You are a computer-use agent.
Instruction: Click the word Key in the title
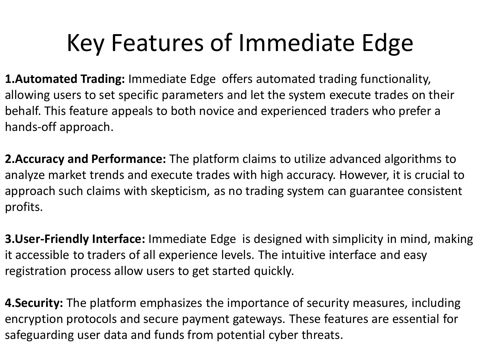click(85, 43)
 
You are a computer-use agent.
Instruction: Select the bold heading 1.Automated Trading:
click(65, 79)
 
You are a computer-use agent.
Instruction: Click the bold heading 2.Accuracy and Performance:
click(85, 159)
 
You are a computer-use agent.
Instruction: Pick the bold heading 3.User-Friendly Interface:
click(75, 239)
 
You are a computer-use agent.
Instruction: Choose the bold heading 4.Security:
click(34, 303)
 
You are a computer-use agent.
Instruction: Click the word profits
click(23, 207)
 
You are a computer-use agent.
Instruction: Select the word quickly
click(274, 271)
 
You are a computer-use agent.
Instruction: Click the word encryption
click(34, 319)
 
